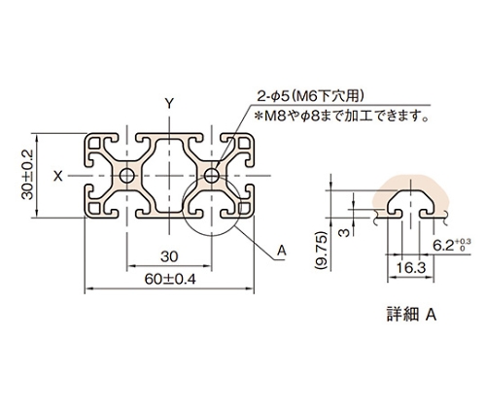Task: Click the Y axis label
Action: [169, 104]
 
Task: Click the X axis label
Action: [58, 177]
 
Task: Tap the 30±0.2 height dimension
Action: [28, 175]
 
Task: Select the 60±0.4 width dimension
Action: [170, 279]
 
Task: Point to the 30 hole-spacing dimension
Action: [169, 256]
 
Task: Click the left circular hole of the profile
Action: [127, 176]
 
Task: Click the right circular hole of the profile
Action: [212, 176]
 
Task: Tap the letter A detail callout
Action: [282, 251]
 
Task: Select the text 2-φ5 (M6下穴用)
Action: [308, 96]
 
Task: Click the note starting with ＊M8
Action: [341, 116]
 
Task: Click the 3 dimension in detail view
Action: [345, 232]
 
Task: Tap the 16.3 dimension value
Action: [410, 268]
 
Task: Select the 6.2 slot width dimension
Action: [443, 247]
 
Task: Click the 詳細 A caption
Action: [411, 315]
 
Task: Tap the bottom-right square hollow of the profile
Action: [245, 209]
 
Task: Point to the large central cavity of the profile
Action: [169, 176]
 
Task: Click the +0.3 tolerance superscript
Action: [463, 242]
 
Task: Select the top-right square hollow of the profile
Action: [245, 143]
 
